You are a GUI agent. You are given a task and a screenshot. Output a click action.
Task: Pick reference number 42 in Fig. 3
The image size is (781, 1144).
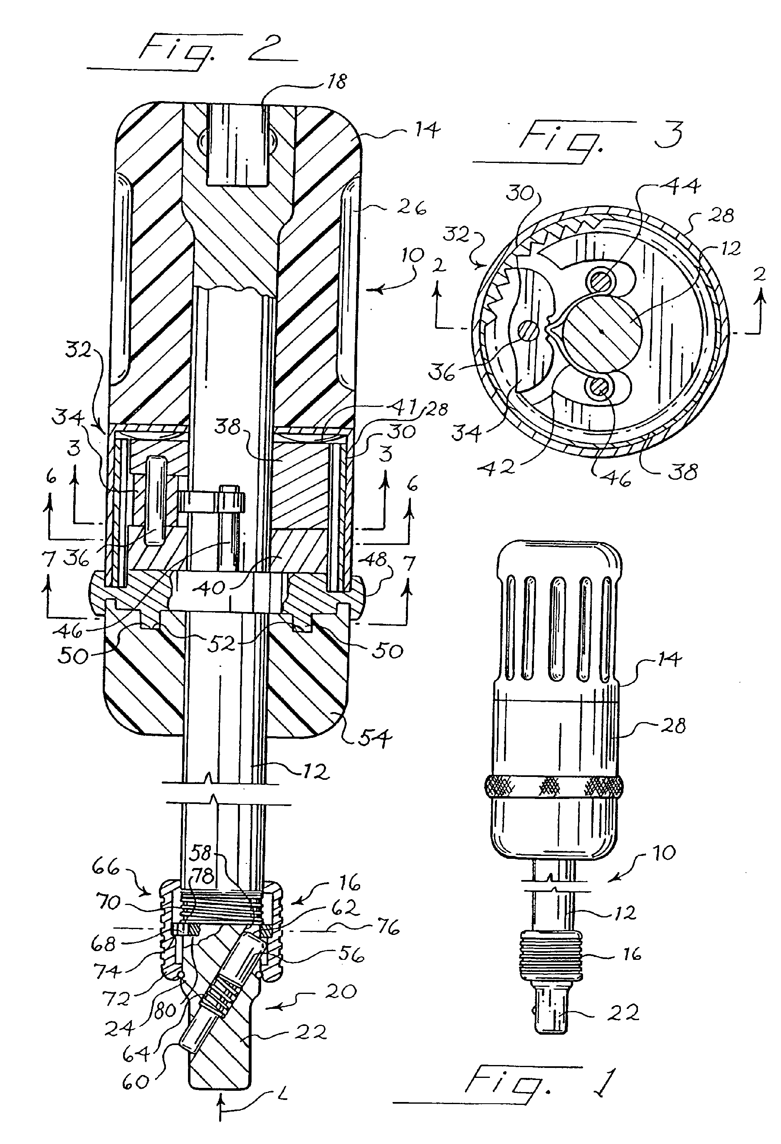(x=497, y=467)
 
